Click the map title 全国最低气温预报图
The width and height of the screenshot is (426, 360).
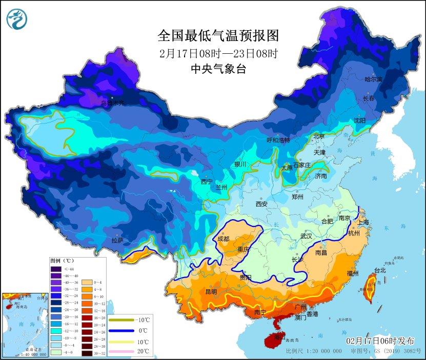(x=218, y=36)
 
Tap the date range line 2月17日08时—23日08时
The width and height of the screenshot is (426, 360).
(x=218, y=53)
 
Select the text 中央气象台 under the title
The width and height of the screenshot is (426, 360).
(x=218, y=69)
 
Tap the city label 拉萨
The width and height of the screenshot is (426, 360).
(x=117, y=240)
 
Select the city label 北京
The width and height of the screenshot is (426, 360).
(x=319, y=136)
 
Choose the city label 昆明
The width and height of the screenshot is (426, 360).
(x=211, y=291)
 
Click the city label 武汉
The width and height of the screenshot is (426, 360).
(x=306, y=237)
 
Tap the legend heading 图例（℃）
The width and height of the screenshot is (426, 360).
(x=62, y=261)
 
